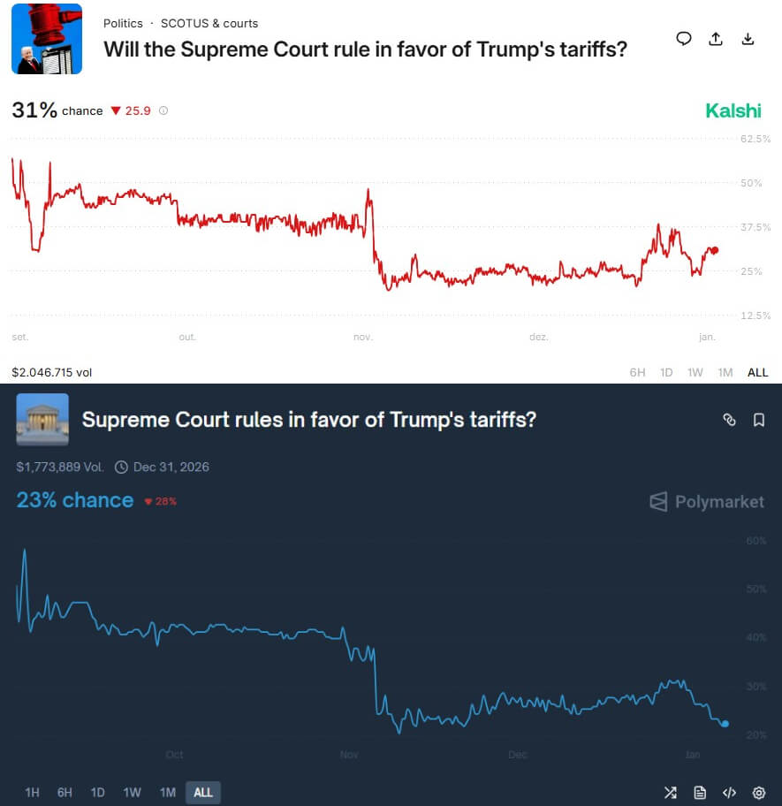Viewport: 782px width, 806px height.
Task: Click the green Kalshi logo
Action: pos(733,110)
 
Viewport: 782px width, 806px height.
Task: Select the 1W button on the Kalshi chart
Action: pos(695,372)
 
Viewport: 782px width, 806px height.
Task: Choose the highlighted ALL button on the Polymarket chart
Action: pos(203,792)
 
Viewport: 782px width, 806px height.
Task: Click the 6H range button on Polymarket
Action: pos(65,792)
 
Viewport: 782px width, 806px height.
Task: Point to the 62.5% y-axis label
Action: pos(755,139)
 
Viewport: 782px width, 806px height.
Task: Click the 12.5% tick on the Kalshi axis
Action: pos(755,316)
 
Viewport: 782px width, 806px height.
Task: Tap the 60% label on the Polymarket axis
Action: pos(756,540)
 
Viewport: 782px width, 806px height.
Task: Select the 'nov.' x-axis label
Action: pos(362,337)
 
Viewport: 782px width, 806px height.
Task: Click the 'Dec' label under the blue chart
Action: pos(518,755)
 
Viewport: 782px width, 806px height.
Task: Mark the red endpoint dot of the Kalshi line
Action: pos(714,250)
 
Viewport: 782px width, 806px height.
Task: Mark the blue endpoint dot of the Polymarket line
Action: pos(725,724)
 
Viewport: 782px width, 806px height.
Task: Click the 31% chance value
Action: pos(34,110)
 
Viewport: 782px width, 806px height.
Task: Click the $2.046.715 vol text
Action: pos(51,372)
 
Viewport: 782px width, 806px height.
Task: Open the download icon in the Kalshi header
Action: pos(748,39)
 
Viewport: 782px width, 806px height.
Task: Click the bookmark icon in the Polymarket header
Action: pos(759,420)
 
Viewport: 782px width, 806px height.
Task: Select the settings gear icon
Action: pos(758,792)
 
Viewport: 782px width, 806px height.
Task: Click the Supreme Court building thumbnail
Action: pos(42,419)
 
